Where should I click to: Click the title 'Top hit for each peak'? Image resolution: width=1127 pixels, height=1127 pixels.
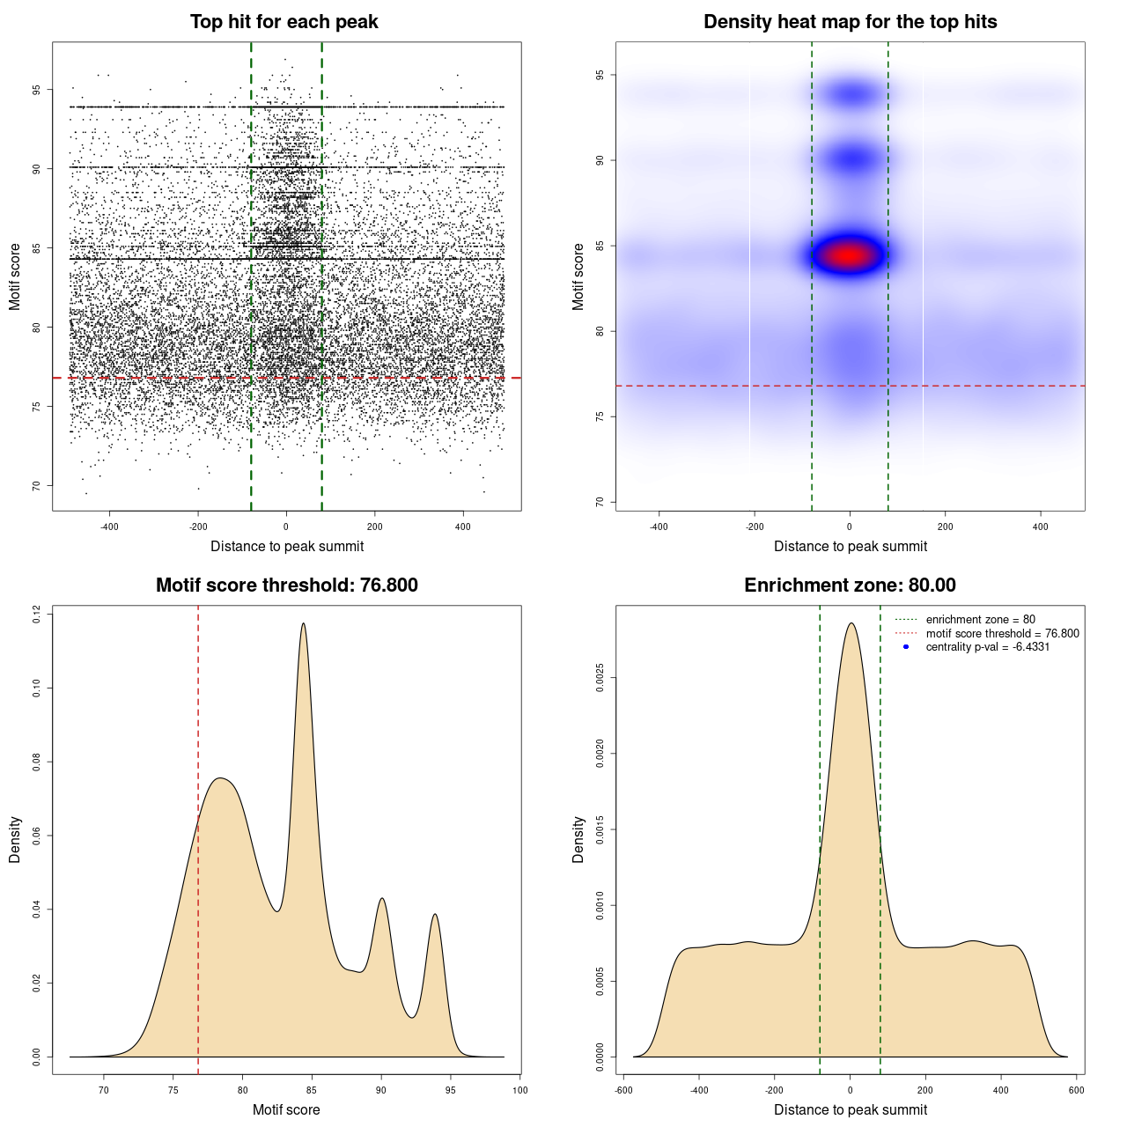(284, 22)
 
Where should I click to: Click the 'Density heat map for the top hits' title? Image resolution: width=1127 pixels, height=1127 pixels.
(850, 22)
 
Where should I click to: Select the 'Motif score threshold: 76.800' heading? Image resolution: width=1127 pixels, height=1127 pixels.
(286, 586)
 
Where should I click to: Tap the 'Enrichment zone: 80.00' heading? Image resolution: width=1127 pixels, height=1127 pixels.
(850, 586)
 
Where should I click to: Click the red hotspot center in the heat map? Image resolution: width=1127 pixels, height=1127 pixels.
(848, 255)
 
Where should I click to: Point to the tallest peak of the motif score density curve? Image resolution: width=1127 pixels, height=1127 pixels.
(304, 623)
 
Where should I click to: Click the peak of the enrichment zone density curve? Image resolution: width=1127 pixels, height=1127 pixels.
(851, 623)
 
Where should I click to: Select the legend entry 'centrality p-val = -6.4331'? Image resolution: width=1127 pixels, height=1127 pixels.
(987, 647)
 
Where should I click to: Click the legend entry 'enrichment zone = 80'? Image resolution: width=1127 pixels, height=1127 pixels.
(980, 620)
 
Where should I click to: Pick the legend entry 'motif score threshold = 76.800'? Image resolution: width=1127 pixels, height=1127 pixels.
(1002, 634)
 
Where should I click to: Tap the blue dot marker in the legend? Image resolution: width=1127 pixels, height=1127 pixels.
(906, 647)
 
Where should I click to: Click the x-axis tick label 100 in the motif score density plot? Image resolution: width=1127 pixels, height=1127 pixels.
(519, 1090)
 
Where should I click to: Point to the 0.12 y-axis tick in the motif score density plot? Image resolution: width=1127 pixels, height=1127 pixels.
(37, 614)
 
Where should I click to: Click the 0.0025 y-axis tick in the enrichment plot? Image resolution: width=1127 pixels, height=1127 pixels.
(600, 678)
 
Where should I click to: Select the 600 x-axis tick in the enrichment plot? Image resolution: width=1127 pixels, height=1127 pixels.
(1076, 1090)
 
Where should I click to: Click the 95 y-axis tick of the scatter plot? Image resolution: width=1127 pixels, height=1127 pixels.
(37, 90)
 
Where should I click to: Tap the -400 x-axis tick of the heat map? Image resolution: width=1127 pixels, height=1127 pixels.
(659, 527)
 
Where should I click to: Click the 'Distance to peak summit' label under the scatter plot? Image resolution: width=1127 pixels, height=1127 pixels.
(287, 547)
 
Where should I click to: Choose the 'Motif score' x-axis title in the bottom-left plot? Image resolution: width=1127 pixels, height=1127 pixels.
(286, 1110)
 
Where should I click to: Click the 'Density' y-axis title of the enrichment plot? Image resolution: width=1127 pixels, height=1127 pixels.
(578, 839)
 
